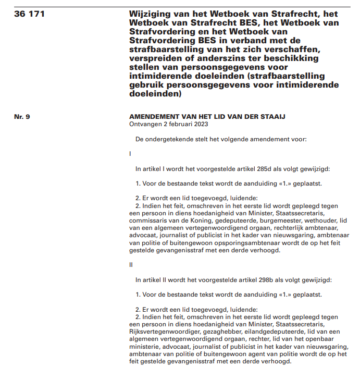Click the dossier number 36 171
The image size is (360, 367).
click(30, 14)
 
